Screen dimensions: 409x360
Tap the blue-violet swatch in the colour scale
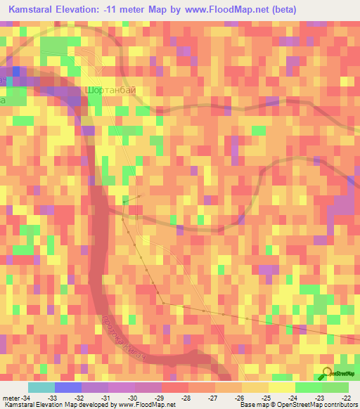(x=67, y=387)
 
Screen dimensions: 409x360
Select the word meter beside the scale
(x=11, y=397)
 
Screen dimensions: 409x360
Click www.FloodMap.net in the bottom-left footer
(x=148, y=405)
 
